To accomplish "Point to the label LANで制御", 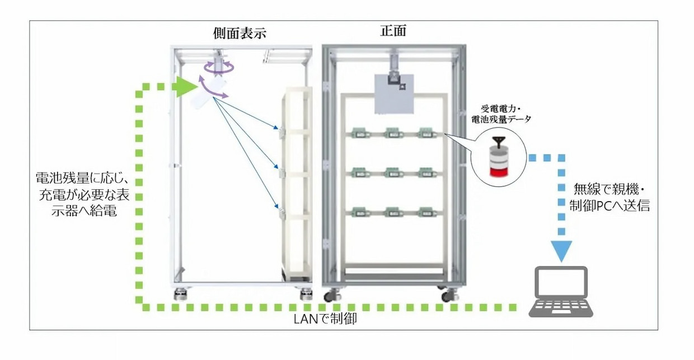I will tap(325, 320).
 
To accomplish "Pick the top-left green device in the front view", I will tap(359, 133).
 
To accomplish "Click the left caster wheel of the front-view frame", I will tap(337, 296).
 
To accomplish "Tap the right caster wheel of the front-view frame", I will tap(447, 296).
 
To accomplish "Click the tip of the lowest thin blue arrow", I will tap(278, 208).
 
